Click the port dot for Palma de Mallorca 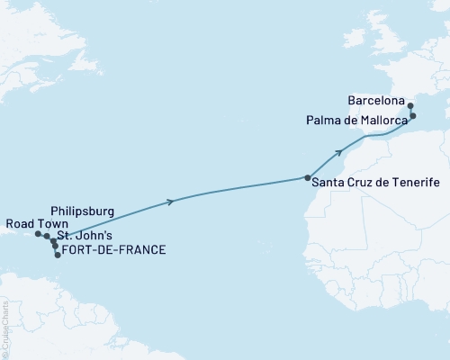(x=413, y=116)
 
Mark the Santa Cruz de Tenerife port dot (x=308, y=177)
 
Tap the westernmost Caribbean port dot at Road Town (x=38, y=234)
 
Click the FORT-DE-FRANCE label (x=114, y=249)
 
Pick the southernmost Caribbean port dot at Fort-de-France (x=58, y=255)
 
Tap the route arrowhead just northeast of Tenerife (x=339, y=152)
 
